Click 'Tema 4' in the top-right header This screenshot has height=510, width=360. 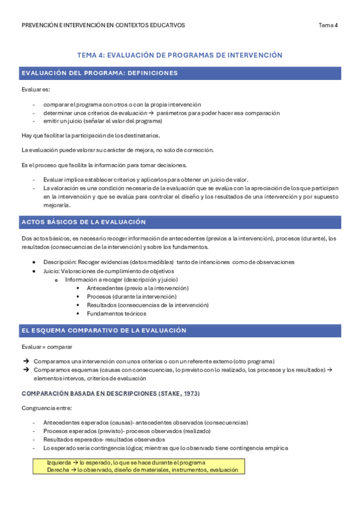328,25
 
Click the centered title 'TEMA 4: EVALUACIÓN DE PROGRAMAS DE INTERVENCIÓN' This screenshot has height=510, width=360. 180,55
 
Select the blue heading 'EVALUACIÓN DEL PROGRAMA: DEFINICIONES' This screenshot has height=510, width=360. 100,73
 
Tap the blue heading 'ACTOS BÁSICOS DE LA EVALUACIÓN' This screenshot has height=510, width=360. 84,222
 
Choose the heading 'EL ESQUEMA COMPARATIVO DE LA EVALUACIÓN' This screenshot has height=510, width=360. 104,331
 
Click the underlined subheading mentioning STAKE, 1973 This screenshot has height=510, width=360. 111,393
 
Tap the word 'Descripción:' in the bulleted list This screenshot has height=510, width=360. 59,262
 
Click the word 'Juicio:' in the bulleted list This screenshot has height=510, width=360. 53,271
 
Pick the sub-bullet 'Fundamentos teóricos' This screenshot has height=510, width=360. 117,313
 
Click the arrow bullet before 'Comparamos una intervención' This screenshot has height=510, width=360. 26,361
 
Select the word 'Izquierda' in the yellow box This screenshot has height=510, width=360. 59,462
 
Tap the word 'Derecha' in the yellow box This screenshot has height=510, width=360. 58,470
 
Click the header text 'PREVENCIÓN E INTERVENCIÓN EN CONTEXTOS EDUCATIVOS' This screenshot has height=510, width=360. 103,25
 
